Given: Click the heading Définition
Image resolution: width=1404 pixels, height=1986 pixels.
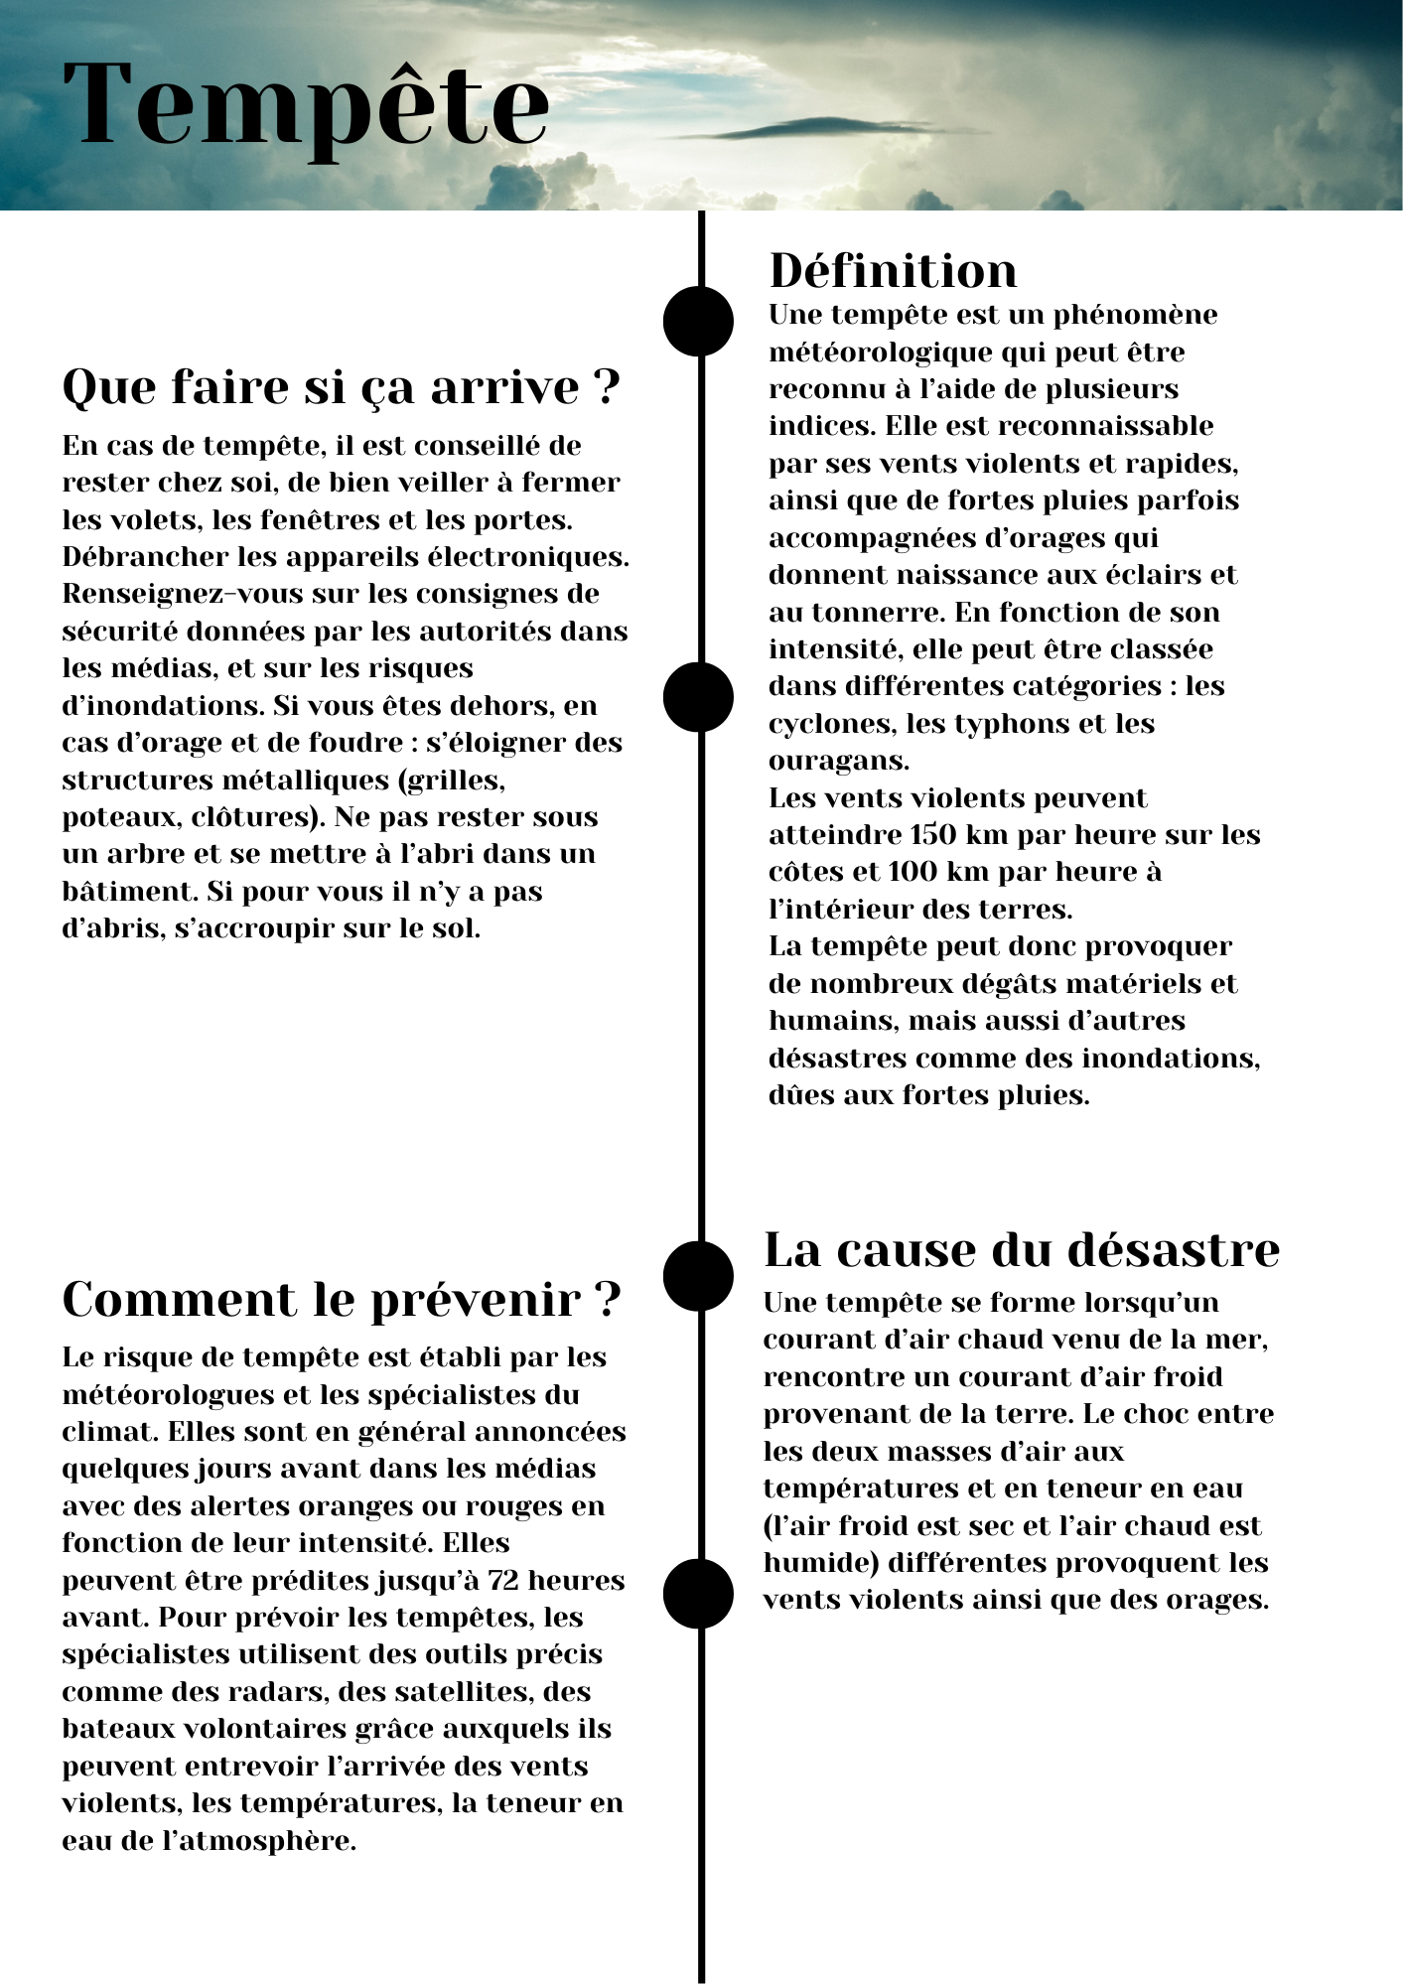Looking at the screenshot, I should (x=893, y=271).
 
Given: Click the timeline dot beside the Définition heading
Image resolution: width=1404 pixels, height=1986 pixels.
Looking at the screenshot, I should (x=698, y=321).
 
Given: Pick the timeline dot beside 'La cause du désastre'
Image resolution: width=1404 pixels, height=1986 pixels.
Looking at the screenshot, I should (x=698, y=1276).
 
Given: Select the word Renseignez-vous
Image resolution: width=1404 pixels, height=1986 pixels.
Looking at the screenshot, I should (x=182, y=594).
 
